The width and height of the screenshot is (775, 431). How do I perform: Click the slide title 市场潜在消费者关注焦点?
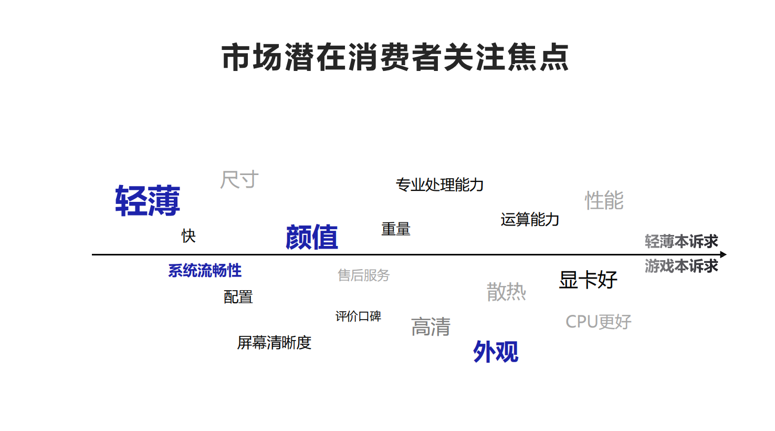point(395,57)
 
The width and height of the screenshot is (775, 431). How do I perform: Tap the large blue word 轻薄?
point(148,201)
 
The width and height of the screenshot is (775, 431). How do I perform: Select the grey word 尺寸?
point(239,179)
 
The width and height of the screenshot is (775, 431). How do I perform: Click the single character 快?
point(188,236)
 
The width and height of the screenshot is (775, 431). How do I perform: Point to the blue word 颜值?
point(312,237)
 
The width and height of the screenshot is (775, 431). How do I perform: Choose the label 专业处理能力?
point(439,184)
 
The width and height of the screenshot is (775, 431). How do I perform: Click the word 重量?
point(396,229)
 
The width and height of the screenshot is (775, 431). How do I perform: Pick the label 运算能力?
point(530,219)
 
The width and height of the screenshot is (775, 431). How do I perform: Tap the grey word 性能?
point(604,200)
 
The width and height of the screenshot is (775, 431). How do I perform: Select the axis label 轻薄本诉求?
point(681,241)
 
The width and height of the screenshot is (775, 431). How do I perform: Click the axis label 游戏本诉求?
point(681,266)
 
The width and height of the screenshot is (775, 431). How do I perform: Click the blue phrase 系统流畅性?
point(205,271)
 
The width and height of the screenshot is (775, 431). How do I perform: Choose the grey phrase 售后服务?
point(364,275)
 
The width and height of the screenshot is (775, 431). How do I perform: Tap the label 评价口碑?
point(358,316)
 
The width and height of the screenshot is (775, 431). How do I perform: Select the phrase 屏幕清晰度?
point(274,343)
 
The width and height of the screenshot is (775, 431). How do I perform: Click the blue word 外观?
point(496,352)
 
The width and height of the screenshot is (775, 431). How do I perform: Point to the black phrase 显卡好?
point(588,280)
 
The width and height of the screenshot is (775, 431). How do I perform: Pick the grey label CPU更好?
point(599,322)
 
